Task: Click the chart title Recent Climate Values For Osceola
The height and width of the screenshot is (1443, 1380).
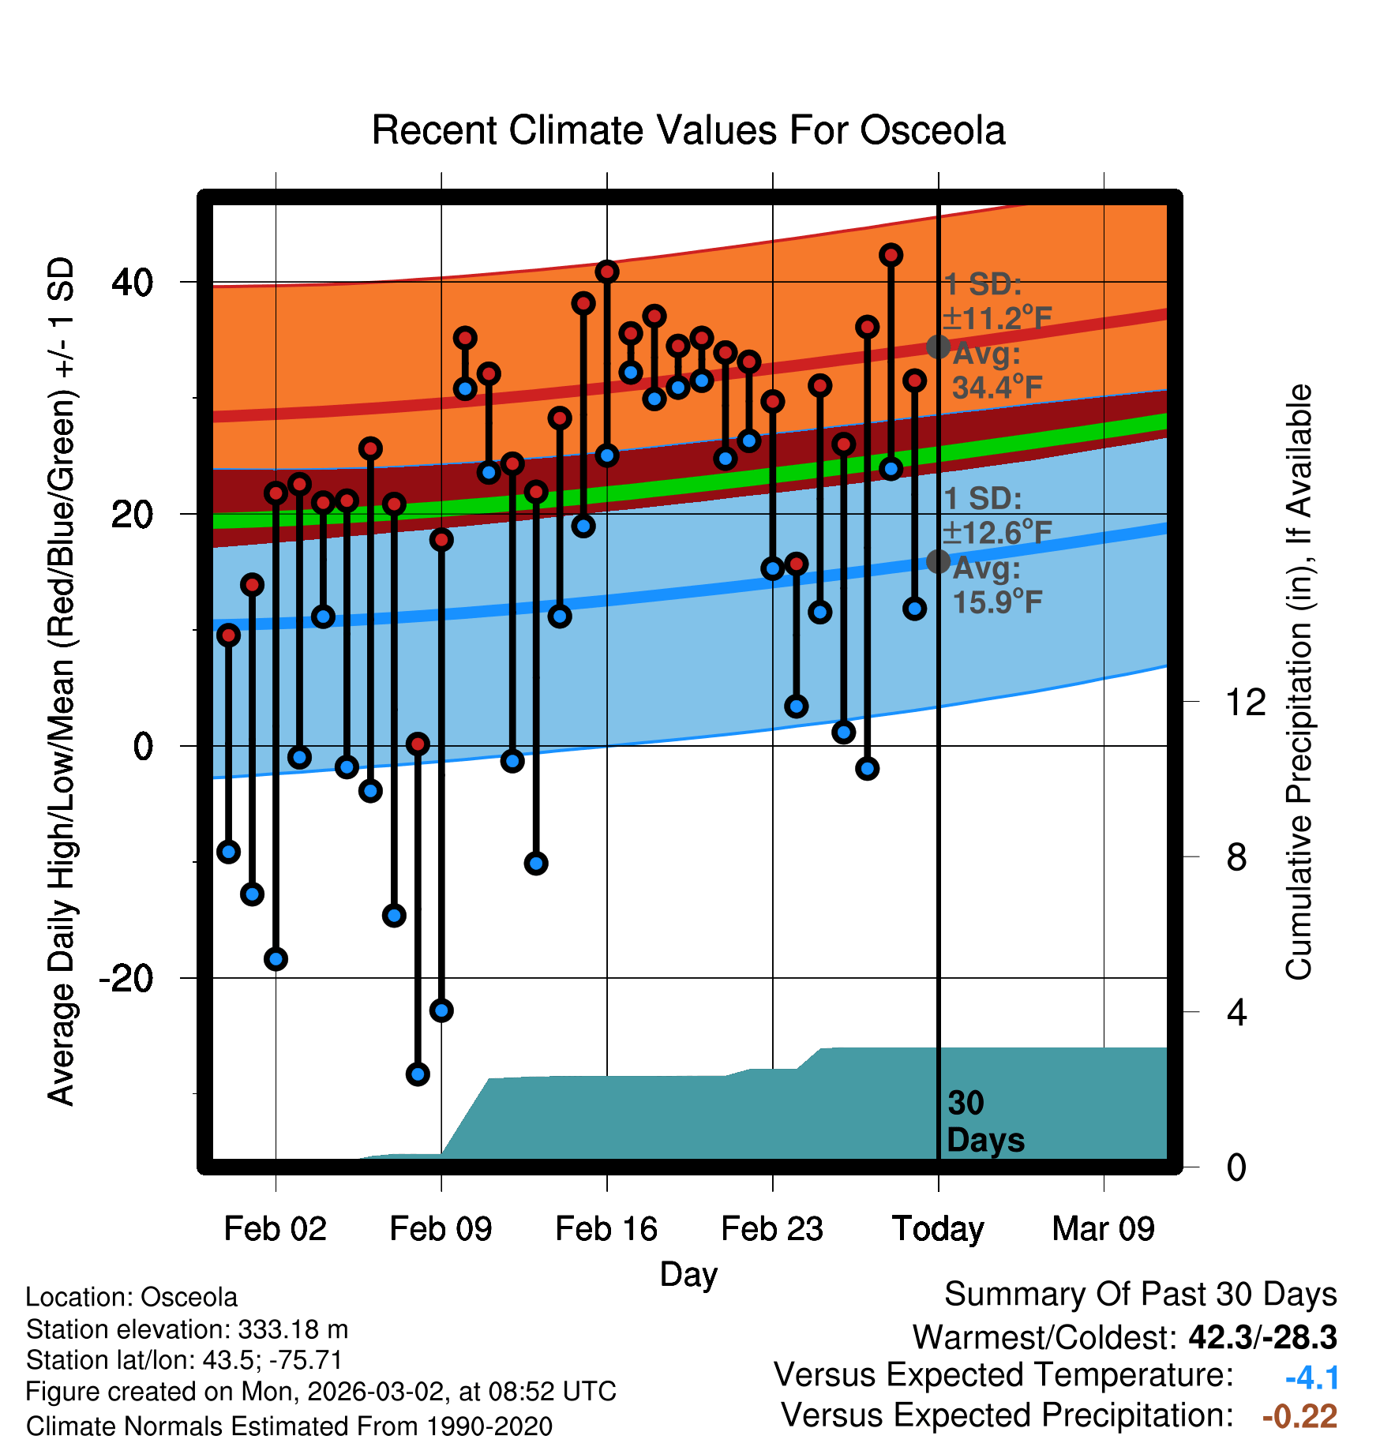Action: tap(688, 130)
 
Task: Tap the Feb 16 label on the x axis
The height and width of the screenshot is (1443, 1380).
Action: tap(606, 1229)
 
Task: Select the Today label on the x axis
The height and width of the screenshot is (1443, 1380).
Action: tap(938, 1229)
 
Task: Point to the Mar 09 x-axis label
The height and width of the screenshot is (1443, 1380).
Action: tap(1103, 1229)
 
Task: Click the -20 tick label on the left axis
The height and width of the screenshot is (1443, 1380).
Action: tap(126, 979)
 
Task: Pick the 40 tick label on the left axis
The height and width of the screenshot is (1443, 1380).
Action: tap(132, 283)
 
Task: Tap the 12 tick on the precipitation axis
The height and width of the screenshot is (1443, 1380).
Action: tap(1245, 702)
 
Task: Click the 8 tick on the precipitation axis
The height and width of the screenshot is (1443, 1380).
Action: tap(1236, 857)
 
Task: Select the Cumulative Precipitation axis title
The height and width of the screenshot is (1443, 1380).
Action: tap(1299, 682)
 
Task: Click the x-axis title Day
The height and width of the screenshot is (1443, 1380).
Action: tap(688, 1275)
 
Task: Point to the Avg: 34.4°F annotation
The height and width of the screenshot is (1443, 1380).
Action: tap(996, 371)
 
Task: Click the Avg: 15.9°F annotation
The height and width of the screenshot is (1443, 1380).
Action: tap(996, 586)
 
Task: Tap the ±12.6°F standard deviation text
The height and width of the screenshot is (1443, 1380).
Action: tap(998, 533)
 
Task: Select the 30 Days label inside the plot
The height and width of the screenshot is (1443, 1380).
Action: tap(984, 1122)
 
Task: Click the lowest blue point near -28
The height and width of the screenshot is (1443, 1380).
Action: tap(418, 1074)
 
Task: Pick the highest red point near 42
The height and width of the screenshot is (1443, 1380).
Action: tap(891, 255)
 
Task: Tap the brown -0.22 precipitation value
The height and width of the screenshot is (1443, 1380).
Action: tap(1299, 1416)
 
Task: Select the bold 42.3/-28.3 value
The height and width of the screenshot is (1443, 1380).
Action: tap(1262, 1337)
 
